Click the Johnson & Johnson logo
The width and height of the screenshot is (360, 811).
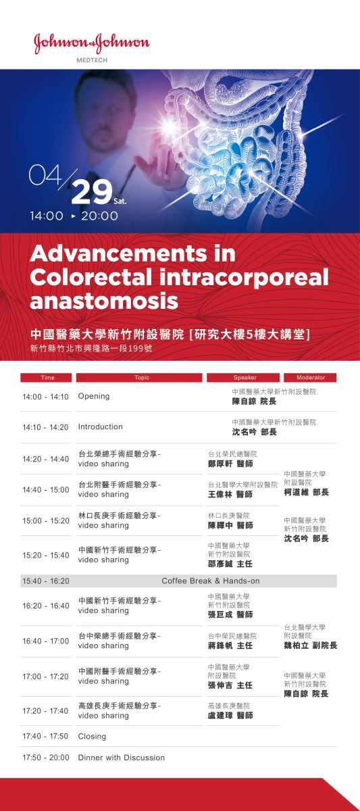click(x=92, y=44)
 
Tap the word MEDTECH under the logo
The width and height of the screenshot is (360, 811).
click(x=92, y=60)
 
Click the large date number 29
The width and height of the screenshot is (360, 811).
click(x=92, y=191)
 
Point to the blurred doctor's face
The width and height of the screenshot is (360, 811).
click(x=105, y=120)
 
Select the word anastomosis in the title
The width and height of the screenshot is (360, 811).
click(x=104, y=301)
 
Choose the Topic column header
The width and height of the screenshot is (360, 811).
click(x=139, y=378)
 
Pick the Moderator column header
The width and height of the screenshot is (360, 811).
click(x=310, y=378)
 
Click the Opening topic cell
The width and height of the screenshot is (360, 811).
click(x=94, y=396)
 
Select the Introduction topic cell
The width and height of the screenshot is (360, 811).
click(x=100, y=426)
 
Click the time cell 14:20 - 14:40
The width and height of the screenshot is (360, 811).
click(x=45, y=459)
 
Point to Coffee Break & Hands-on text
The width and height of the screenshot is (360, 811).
click(x=211, y=581)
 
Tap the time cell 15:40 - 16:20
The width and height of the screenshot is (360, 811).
click(x=45, y=581)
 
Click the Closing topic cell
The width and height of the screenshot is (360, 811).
click(x=92, y=736)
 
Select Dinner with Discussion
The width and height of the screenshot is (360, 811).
click(x=121, y=758)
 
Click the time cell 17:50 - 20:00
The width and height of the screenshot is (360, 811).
click(x=45, y=758)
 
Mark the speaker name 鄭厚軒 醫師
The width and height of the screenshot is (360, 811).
click(x=230, y=464)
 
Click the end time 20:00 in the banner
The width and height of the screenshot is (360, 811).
click(x=99, y=216)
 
